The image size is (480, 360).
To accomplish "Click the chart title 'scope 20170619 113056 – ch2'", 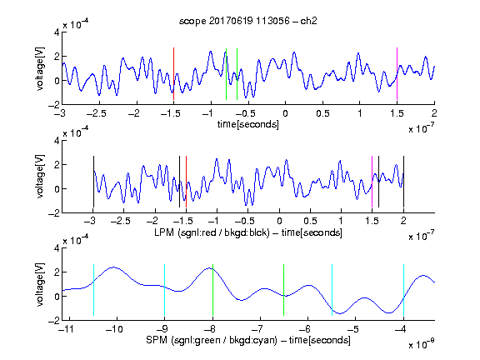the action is coord(248,21).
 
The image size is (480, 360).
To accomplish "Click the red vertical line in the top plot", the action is coord(173,74).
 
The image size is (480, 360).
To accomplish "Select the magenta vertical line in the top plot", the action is coord(397,74).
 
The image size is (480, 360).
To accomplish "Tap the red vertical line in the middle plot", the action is coord(186,182).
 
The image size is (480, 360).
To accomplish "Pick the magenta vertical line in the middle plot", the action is coord(372,182).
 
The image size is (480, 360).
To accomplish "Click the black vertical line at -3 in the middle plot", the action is coord(93,182).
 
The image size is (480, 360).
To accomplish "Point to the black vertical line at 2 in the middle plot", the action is coord(403,182).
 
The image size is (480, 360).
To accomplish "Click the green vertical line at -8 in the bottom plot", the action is coord(212,290).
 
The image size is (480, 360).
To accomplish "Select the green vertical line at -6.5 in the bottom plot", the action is coord(284,290).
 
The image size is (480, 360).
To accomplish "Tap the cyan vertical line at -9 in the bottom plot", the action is coord(165,290).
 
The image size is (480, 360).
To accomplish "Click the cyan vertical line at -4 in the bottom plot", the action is coord(403,290).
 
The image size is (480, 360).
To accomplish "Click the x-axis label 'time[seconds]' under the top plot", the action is coord(248,124).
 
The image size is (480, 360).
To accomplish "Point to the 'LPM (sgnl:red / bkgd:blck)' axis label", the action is coord(212,232).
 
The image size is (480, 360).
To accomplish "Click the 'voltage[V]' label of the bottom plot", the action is coord(40,285).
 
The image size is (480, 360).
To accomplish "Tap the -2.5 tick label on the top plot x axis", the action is coord(97,113).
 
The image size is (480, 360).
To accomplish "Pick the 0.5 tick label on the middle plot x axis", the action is coord(310,221).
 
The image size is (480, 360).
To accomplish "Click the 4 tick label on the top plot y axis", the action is coord(57,32).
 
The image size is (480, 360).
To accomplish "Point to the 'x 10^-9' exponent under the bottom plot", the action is coord(422,344).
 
